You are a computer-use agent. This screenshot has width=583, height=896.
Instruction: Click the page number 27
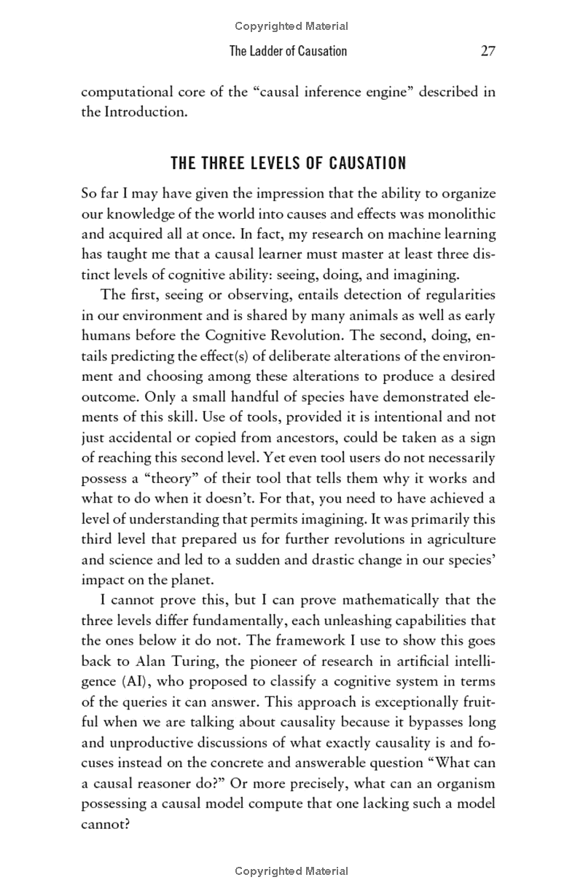click(x=488, y=51)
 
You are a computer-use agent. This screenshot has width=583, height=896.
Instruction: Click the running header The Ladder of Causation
click(x=288, y=51)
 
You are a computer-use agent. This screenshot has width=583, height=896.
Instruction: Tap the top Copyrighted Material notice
click(x=291, y=26)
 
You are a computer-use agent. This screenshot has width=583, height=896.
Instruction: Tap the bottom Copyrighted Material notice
click(x=291, y=871)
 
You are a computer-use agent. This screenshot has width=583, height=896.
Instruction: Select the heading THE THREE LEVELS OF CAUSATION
click(x=289, y=163)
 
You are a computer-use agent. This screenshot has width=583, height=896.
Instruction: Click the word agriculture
click(x=457, y=539)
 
